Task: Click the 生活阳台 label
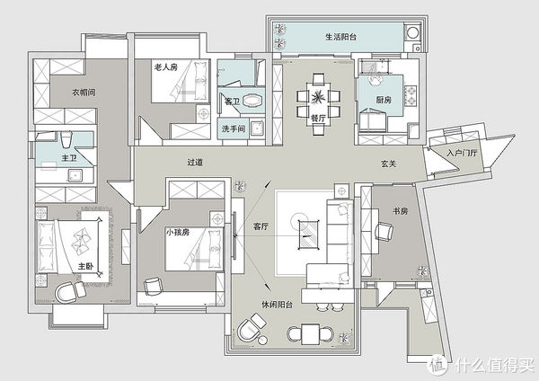(x=341, y=37)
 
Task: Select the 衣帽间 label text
(x=84, y=92)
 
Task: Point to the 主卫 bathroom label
(x=68, y=157)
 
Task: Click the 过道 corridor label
(x=194, y=163)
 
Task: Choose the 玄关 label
(x=388, y=163)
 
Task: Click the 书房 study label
(x=401, y=212)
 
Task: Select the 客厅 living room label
(x=261, y=227)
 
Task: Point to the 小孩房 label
(x=177, y=232)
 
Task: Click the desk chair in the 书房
(x=384, y=233)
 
